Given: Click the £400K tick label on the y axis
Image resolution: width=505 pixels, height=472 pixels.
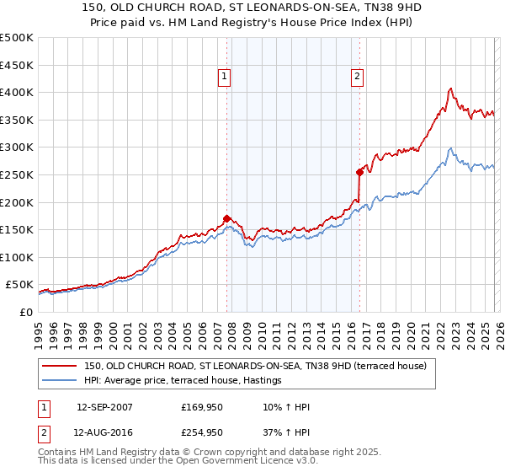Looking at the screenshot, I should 17,92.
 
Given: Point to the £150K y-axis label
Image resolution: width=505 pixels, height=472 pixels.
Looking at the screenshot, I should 17,229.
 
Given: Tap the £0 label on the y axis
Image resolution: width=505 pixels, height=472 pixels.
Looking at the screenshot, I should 25,312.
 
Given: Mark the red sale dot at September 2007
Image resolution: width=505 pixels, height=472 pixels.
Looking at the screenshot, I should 226,218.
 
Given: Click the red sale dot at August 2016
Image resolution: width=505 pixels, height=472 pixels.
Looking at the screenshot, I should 359,172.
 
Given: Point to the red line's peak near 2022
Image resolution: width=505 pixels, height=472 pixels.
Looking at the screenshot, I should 451,88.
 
